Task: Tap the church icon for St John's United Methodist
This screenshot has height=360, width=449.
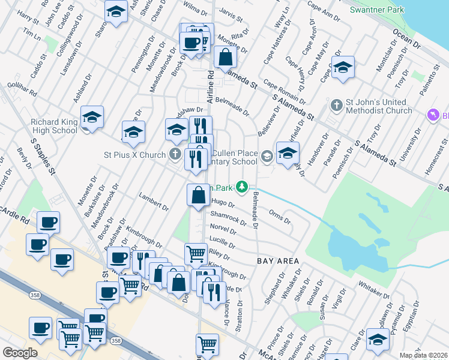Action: [336, 106]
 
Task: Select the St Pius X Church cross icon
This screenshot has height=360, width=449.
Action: [175, 155]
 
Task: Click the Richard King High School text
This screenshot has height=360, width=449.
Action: [54, 127]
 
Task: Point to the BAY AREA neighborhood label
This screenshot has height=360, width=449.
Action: [278, 261]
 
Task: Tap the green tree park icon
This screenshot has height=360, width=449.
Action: [242, 187]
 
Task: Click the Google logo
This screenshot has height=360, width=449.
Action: [20, 353]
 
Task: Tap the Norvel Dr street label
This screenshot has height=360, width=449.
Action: [223, 229]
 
